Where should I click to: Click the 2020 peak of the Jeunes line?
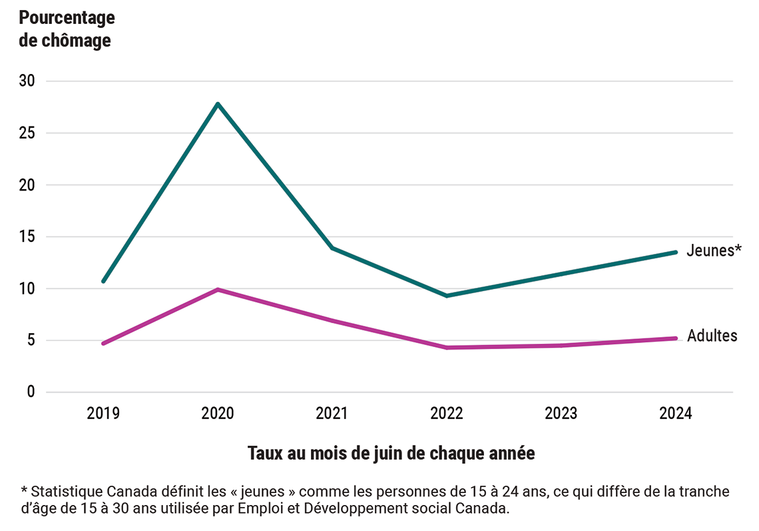218,104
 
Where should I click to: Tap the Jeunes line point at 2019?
103,281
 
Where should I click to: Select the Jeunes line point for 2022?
447,296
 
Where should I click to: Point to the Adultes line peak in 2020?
218,290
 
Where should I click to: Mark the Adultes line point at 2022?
447,348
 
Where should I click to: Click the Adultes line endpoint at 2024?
676,338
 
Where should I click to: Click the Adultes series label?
712,336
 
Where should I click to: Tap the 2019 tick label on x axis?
103,414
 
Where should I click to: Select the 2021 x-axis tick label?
332,414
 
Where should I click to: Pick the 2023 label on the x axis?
561,414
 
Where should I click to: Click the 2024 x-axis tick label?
676,414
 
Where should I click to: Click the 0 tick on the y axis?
31,392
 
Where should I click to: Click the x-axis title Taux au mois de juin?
391,454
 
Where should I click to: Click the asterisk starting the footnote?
24,491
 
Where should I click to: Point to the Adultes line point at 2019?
103,344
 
